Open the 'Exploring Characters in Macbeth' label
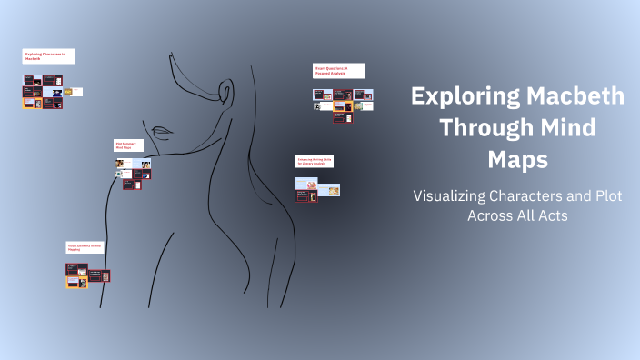click(49, 56)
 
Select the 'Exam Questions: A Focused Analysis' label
click(339, 70)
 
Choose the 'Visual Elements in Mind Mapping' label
click(85, 246)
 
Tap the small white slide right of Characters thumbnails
click(77, 92)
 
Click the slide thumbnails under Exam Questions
click(342, 101)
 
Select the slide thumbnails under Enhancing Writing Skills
click(317, 188)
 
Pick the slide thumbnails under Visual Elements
click(87, 275)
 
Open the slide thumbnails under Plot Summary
click(133, 173)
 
